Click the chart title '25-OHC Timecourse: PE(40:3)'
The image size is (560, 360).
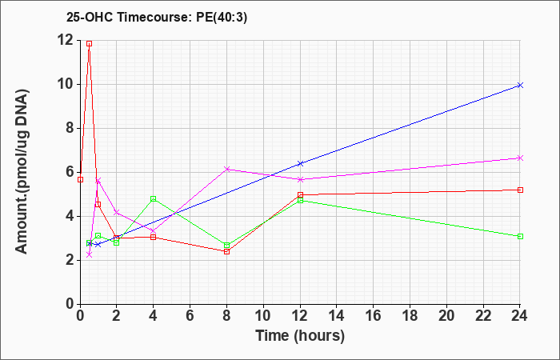click(157, 18)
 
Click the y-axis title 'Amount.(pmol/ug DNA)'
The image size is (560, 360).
click(22, 172)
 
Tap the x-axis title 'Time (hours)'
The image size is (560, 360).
click(300, 336)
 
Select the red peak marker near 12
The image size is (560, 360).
click(90, 43)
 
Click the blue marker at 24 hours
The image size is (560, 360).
click(520, 85)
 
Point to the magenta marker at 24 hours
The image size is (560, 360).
click(520, 158)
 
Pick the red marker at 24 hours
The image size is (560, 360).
click(520, 190)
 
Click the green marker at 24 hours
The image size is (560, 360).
click(520, 237)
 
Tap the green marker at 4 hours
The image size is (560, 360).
click(154, 198)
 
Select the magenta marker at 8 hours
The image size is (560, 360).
click(226, 169)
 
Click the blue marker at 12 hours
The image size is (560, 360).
click(300, 163)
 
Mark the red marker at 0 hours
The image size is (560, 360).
click(80, 180)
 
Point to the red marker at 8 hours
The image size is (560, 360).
click(226, 252)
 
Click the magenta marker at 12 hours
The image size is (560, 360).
click(300, 179)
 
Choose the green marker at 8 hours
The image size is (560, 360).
click(226, 246)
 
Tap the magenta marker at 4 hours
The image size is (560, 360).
click(154, 231)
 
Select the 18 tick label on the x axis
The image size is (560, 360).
click(410, 315)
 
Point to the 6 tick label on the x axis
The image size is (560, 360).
click(190, 315)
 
